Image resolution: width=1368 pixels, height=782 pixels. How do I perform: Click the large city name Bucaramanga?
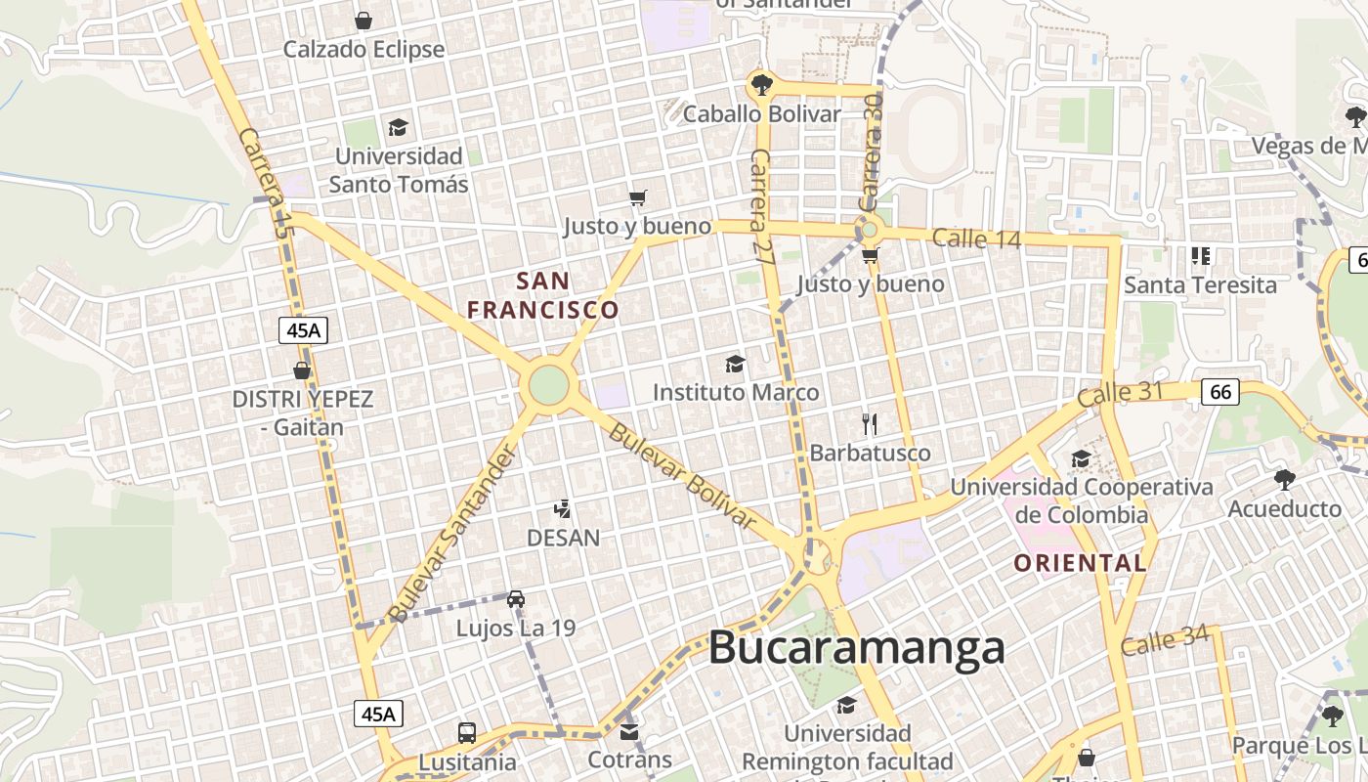[856, 647]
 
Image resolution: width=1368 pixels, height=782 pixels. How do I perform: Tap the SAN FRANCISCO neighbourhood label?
[543, 295]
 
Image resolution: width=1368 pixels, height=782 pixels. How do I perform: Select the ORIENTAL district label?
[1080, 563]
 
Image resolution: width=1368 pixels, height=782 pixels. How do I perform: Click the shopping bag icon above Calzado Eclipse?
[363, 21]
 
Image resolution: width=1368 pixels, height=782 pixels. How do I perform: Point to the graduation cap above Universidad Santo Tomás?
[398, 127]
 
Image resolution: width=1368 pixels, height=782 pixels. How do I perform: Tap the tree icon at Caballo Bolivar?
[760, 84]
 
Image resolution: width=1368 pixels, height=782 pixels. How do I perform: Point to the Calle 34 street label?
[1165, 641]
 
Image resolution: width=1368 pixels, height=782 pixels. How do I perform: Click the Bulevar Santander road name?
[450, 534]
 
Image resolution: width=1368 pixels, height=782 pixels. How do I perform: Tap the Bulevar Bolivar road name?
[682, 476]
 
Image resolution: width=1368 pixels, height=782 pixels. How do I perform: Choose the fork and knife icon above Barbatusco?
[870, 424]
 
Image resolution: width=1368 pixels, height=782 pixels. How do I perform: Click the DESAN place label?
[563, 538]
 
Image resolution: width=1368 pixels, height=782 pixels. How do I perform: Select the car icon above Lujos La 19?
[516, 598]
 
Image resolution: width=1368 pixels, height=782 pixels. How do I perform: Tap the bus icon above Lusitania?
[467, 732]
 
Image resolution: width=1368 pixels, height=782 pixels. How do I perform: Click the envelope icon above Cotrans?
[629, 730]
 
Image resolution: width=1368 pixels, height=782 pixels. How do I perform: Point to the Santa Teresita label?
[1200, 284]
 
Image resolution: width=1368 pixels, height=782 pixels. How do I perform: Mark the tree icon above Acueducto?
[1284, 479]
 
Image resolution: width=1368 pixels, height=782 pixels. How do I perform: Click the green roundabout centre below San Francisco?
[548, 385]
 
